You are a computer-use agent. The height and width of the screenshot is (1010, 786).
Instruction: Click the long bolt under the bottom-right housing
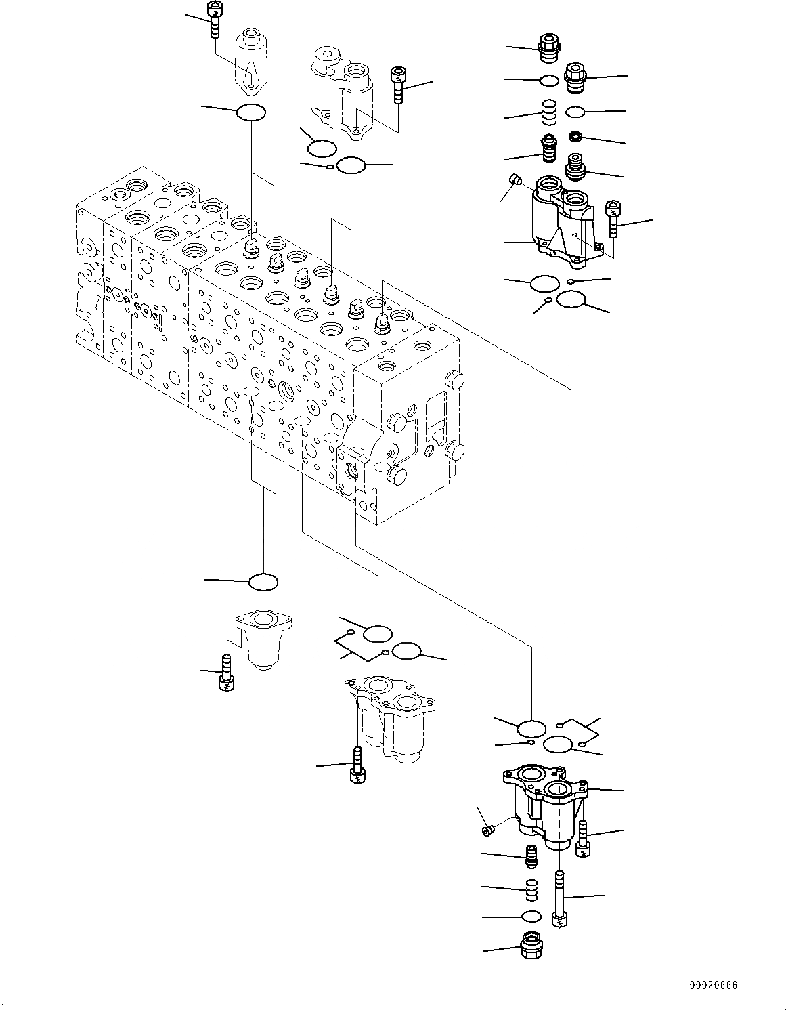point(559,900)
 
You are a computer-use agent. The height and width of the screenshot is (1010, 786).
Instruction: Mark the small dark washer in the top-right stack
point(576,137)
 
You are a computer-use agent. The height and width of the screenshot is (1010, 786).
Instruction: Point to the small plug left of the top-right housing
point(515,180)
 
